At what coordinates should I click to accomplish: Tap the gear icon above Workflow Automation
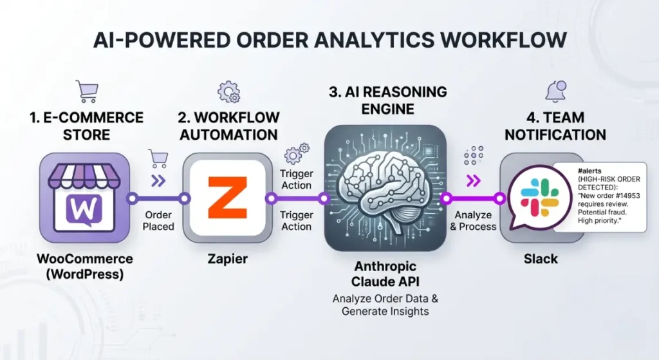pos(228,92)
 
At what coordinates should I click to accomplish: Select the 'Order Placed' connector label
pos(158,220)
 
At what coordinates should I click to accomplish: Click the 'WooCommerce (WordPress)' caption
pos(85,265)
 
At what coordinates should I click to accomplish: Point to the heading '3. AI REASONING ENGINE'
pos(387,100)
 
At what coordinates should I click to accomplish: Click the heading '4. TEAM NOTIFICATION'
pos(555,126)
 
